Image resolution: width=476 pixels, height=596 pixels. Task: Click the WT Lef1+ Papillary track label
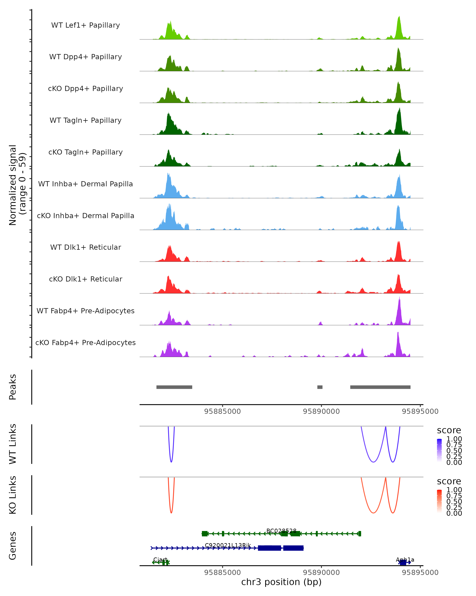click(85, 25)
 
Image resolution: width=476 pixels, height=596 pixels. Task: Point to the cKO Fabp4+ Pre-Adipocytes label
click(85, 343)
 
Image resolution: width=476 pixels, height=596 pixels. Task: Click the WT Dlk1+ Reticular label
click(85, 247)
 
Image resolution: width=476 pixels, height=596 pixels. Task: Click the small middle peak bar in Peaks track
click(320, 387)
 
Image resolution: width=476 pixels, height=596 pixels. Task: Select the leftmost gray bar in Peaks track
click(174, 387)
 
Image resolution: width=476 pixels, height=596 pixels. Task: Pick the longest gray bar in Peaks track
click(380, 387)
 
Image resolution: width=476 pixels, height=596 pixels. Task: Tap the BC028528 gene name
click(281, 531)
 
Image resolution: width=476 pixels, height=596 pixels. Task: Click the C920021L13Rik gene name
click(228, 545)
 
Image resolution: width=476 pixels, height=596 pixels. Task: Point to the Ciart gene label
click(160, 559)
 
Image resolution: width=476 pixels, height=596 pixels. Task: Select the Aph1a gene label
click(405, 559)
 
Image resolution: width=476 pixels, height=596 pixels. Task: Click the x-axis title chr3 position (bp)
click(281, 582)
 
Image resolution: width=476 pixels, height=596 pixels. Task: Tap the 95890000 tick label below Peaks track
click(321, 411)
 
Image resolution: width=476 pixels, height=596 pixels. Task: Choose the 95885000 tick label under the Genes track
click(222, 573)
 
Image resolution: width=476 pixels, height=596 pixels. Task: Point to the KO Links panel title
click(13, 495)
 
